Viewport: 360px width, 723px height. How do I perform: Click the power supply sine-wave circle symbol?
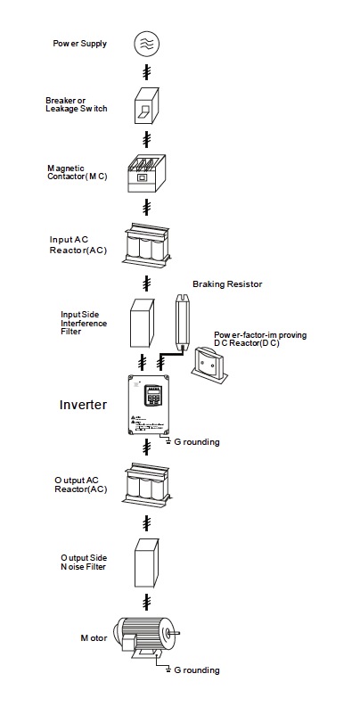pos(146,44)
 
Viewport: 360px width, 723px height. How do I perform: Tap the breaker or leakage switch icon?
pos(146,105)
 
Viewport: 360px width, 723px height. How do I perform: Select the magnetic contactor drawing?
pos(145,173)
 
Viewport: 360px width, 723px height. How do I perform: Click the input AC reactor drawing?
pos(146,245)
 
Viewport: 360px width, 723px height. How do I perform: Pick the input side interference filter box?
pos(143,323)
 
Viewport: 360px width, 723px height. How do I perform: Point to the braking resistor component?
pos(182,321)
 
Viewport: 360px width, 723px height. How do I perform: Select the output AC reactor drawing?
pos(146,484)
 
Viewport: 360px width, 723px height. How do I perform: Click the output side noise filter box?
pos(146,563)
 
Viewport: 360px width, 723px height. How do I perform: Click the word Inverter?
pos(84,405)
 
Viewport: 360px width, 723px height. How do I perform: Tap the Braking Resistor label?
pos(227,284)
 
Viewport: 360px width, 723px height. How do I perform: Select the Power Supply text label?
pos(79,44)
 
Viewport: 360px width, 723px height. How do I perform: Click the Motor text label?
pos(94,638)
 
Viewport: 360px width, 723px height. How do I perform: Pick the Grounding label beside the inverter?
pos(197,442)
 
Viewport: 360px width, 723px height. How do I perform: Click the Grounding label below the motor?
pos(197,670)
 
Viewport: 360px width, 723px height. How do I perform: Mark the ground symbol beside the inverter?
pos(168,441)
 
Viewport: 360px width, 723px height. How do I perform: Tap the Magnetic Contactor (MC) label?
pos(78,172)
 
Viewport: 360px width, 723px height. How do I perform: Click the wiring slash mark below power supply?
pos(146,72)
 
